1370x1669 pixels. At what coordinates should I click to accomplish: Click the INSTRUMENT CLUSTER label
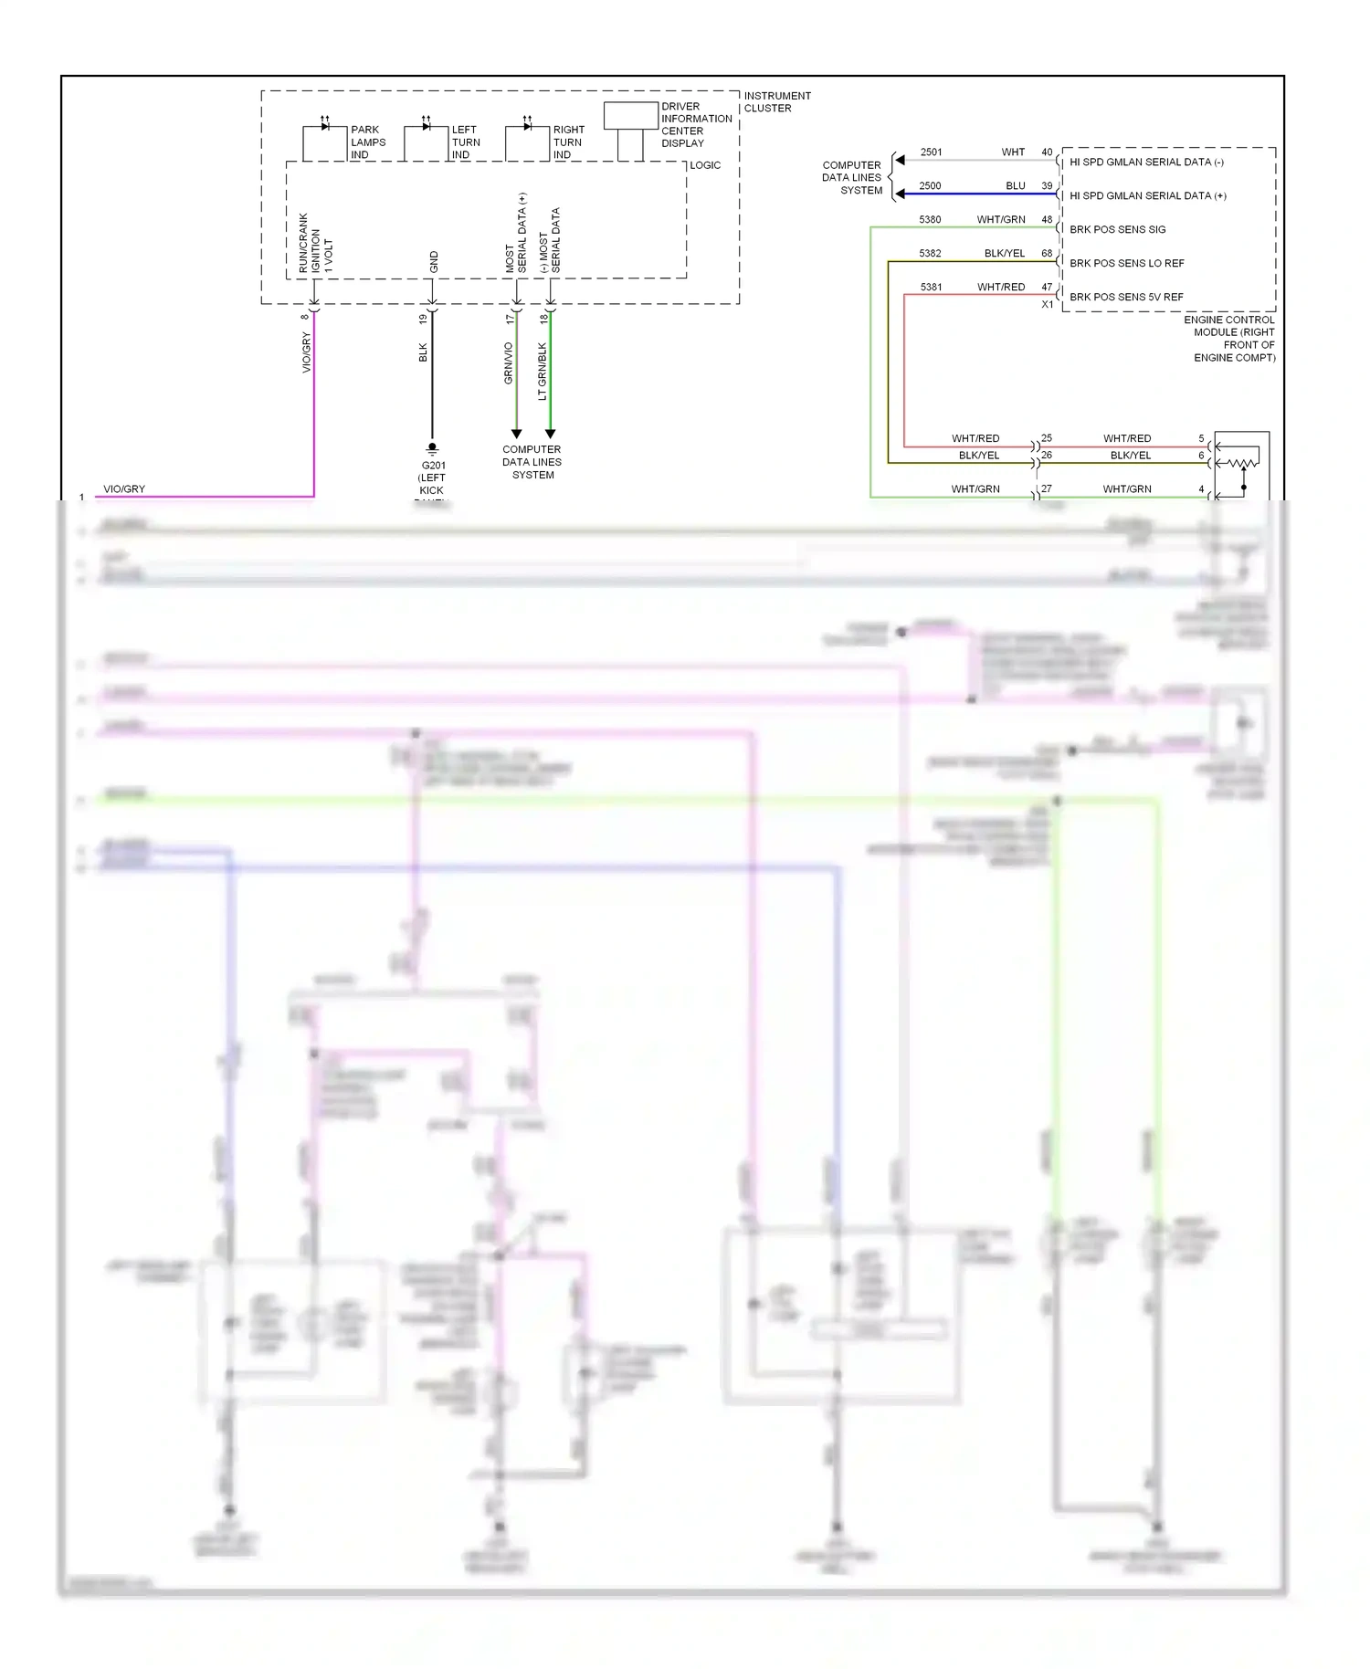pos(776,102)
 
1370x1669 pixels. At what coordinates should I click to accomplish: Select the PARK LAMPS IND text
pos(367,142)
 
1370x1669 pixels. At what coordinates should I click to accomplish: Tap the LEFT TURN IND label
pos(465,142)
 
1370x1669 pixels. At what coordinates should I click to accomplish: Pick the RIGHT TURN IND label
pos(567,142)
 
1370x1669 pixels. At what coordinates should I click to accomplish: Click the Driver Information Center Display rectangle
pos(630,116)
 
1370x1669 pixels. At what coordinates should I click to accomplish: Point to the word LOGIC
pos(705,165)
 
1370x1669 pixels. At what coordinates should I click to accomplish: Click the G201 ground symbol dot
pos(432,446)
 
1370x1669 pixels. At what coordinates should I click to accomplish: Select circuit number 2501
pos(931,152)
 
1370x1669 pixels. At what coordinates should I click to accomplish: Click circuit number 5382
pos(930,254)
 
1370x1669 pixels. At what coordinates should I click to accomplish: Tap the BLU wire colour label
pos(1015,186)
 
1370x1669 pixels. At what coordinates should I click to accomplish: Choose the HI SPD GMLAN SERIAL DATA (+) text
pos(1147,195)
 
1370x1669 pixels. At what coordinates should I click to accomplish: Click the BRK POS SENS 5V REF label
pos(1125,297)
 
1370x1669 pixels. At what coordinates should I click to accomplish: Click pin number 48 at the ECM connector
pos(1047,220)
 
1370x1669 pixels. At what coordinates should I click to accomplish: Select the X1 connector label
pos(1047,305)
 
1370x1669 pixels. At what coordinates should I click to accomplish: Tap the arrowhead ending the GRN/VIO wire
pos(516,434)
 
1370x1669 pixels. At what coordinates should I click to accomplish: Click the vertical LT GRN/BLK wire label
pos(542,372)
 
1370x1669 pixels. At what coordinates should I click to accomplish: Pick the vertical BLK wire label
pos(423,352)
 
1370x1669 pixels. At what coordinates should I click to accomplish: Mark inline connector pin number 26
pos(1047,455)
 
